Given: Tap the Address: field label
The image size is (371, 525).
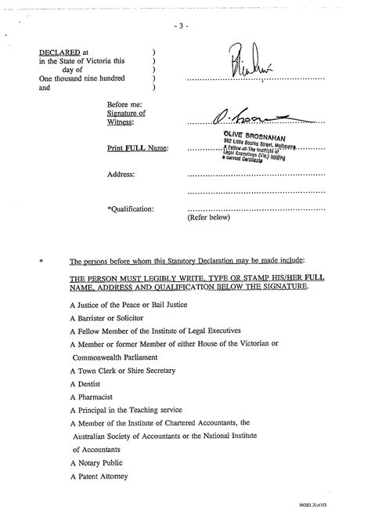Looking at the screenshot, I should click(x=121, y=174).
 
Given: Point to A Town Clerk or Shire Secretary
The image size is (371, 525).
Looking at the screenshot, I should click(x=122, y=370).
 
